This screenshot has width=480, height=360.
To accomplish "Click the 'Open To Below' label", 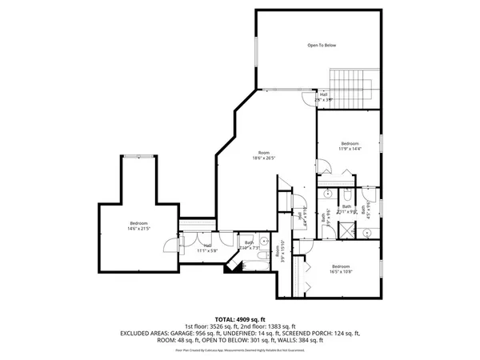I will coord(322,46).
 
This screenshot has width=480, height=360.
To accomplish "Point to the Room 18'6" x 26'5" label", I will coord(264,155).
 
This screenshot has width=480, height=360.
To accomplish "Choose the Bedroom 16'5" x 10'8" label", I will coord(341,269).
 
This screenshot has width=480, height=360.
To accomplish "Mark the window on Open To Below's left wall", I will coord(256,49).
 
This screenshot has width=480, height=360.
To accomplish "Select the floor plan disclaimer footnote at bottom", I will coord(240,350).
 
